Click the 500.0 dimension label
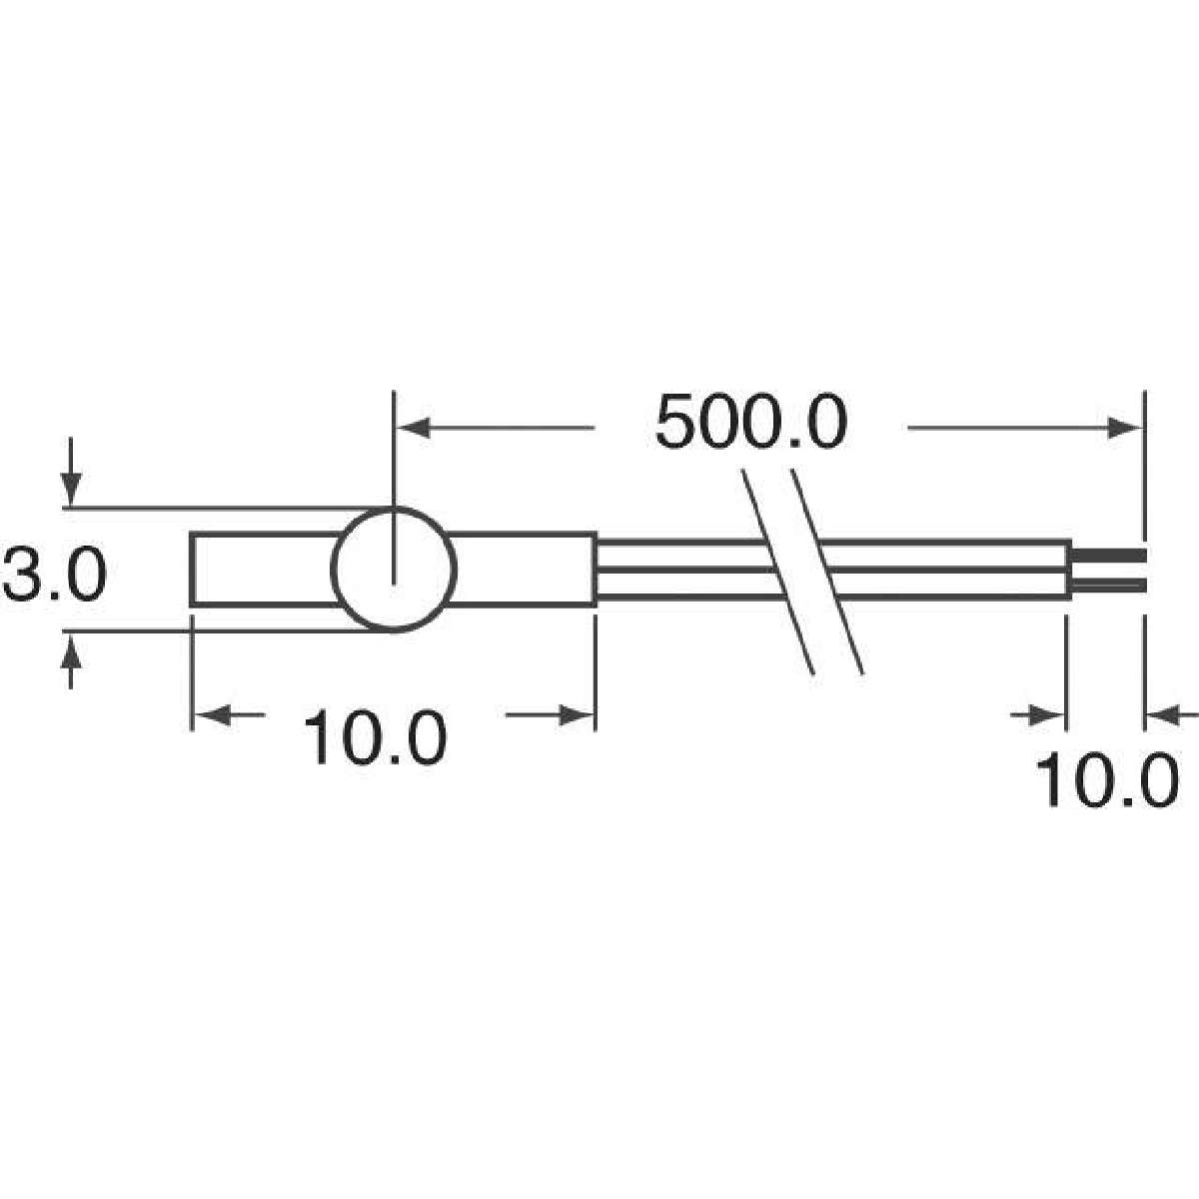(x=751, y=422)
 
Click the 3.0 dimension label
(x=55, y=573)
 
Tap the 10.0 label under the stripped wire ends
(x=1106, y=779)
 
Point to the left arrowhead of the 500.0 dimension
(x=415, y=428)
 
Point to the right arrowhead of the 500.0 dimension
(x=1125, y=428)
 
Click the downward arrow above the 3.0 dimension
(x=71, y=472)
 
